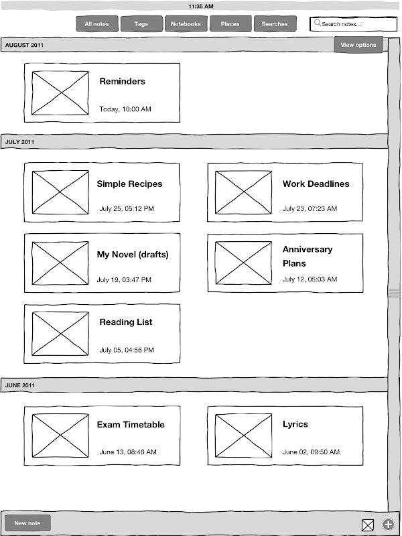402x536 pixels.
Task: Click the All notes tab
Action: (x=97, y=24)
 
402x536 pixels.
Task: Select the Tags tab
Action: (x=141, y=24)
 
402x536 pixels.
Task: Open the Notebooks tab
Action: (x=186, y=24)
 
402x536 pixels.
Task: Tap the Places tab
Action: (x=230, y=24)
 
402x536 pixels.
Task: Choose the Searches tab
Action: (x=275, y=24)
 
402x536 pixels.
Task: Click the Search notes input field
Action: (x=354, y=24)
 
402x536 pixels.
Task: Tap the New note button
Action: (x=27, y=523)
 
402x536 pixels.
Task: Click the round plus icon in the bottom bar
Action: (x=388, y=525)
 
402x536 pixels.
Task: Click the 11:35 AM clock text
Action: (x=201, y=6)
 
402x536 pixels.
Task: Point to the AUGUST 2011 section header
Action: (x=24, y=45)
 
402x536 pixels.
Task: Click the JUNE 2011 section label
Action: (x=20, y=385)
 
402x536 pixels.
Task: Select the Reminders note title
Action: (x=123, y=81)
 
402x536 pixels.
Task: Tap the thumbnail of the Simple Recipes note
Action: (x=60, y=192)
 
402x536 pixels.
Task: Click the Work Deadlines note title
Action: (x=316, y=184)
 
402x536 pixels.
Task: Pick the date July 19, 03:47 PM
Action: (x=124, y=279)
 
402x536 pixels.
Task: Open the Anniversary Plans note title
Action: (x=308, y=257)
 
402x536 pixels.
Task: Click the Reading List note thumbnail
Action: (x=60, y=334)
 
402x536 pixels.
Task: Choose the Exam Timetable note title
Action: (x=131, y=425)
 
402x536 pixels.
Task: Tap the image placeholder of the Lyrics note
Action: (x=243, y=435)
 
